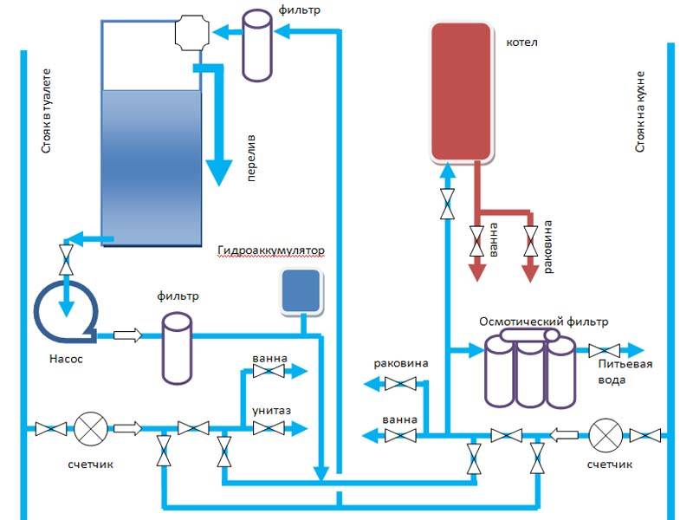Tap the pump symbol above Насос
(66, 309)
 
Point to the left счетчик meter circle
(89, 428)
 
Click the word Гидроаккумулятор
(271, 251)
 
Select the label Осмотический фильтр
(543, 322)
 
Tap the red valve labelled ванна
(476, 240)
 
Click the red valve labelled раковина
(530, 240)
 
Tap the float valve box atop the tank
(191, 33)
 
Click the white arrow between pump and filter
(127, 335)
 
